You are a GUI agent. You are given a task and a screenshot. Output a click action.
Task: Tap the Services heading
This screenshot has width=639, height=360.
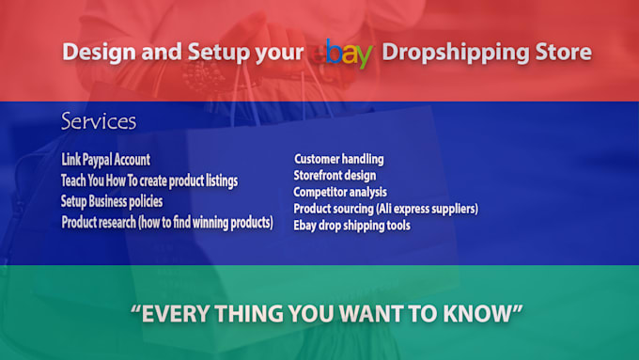(99, 121)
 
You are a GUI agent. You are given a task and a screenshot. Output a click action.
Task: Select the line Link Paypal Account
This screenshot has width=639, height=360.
(105, 160)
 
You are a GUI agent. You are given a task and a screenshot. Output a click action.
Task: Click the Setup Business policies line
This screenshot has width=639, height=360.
(112, 201)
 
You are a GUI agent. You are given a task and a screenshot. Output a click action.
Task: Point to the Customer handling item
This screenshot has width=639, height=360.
(338, 159)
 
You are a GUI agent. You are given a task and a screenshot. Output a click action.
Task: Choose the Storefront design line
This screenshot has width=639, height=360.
(335, 176)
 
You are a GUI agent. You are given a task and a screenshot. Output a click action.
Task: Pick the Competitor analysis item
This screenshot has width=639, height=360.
(340, 192)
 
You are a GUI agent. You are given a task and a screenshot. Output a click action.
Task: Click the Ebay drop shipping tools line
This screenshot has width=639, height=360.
(351, 226)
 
